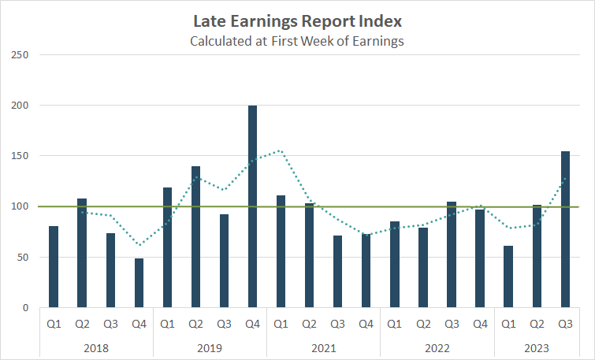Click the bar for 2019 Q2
195,236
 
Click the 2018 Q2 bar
82,253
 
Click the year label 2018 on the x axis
96,347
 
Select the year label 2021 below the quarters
323,347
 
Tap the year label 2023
537,347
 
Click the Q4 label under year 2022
480,322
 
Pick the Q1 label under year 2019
167,322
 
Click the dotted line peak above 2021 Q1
280,150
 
